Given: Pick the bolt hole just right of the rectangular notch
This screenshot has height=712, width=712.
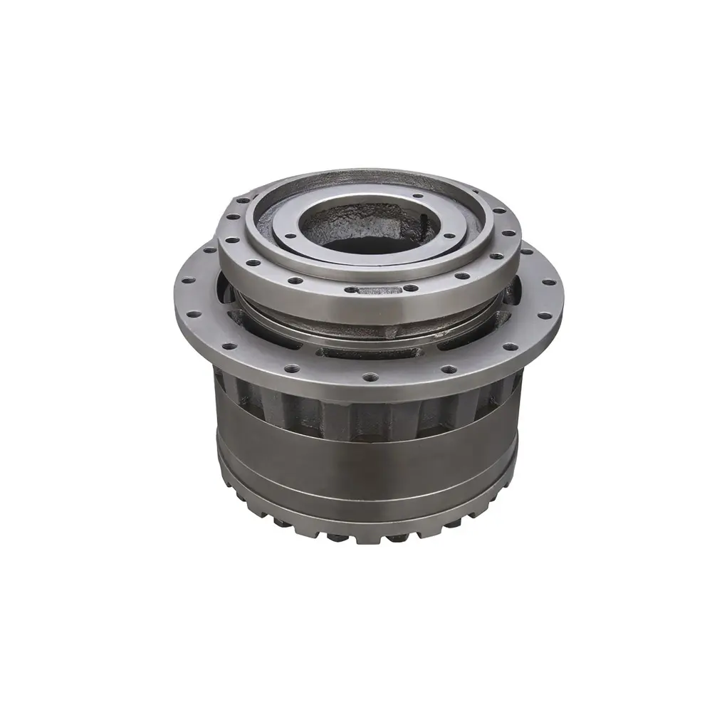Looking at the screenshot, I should point(411,288).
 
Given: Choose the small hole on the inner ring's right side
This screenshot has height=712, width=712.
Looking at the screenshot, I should point(451,234).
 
